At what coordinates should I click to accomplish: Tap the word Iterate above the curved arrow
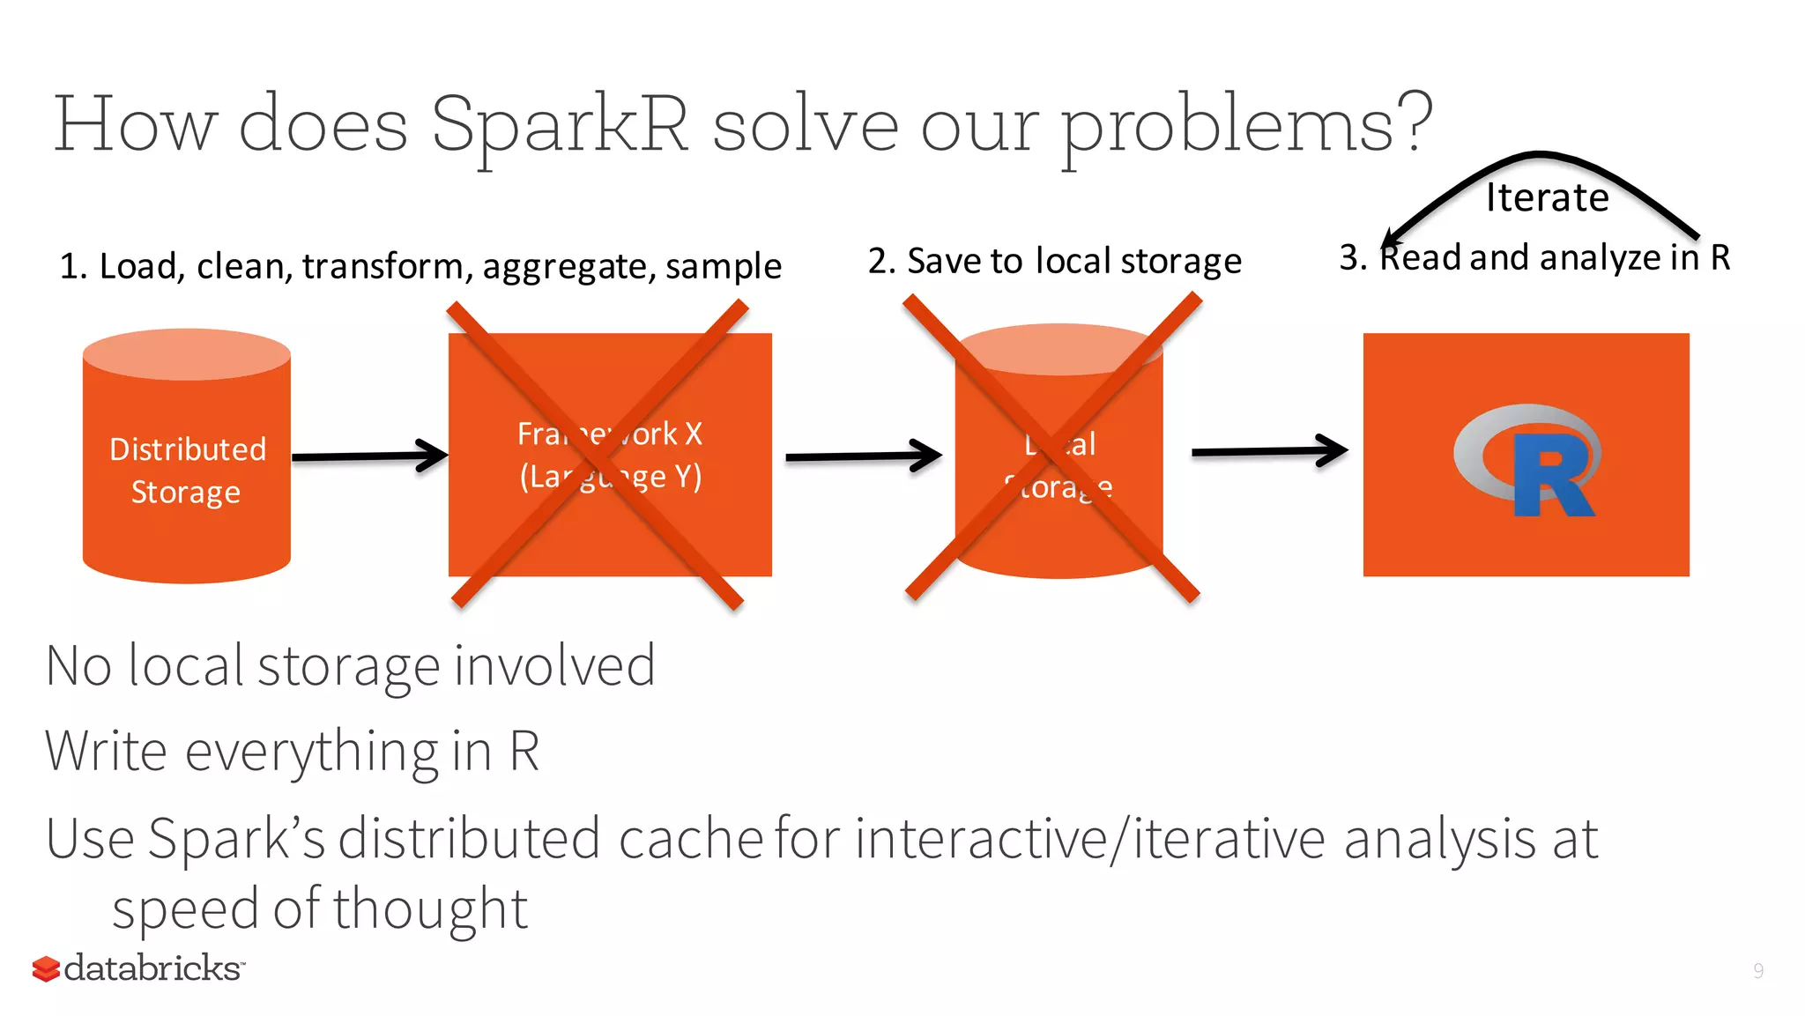point(1547,197)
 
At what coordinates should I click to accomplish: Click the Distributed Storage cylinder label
point(187,471)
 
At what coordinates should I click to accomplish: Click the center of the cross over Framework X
point(598,455)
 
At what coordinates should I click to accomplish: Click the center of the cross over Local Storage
point(1053,448)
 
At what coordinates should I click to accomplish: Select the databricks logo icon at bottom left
point(46,969)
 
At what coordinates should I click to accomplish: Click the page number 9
point(1757,971)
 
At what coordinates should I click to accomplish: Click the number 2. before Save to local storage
point(881,261)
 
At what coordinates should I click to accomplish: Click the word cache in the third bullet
point(690,838)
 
